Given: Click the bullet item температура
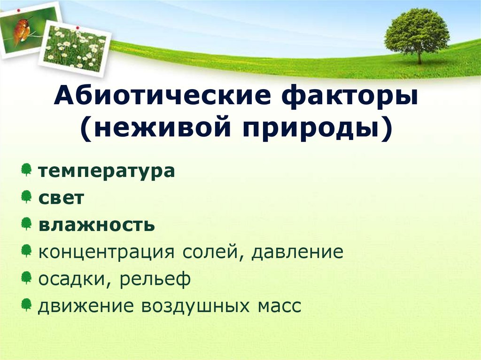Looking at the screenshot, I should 107,170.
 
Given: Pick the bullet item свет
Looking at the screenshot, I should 62,198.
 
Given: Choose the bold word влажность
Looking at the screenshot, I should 97,225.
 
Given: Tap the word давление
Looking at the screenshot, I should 297,252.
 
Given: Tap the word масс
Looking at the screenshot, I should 278,306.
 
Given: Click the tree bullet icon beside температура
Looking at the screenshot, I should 27,169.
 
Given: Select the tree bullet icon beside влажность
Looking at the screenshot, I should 27,223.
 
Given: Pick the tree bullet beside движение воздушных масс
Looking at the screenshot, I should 27,305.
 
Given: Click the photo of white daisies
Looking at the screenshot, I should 75,47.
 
